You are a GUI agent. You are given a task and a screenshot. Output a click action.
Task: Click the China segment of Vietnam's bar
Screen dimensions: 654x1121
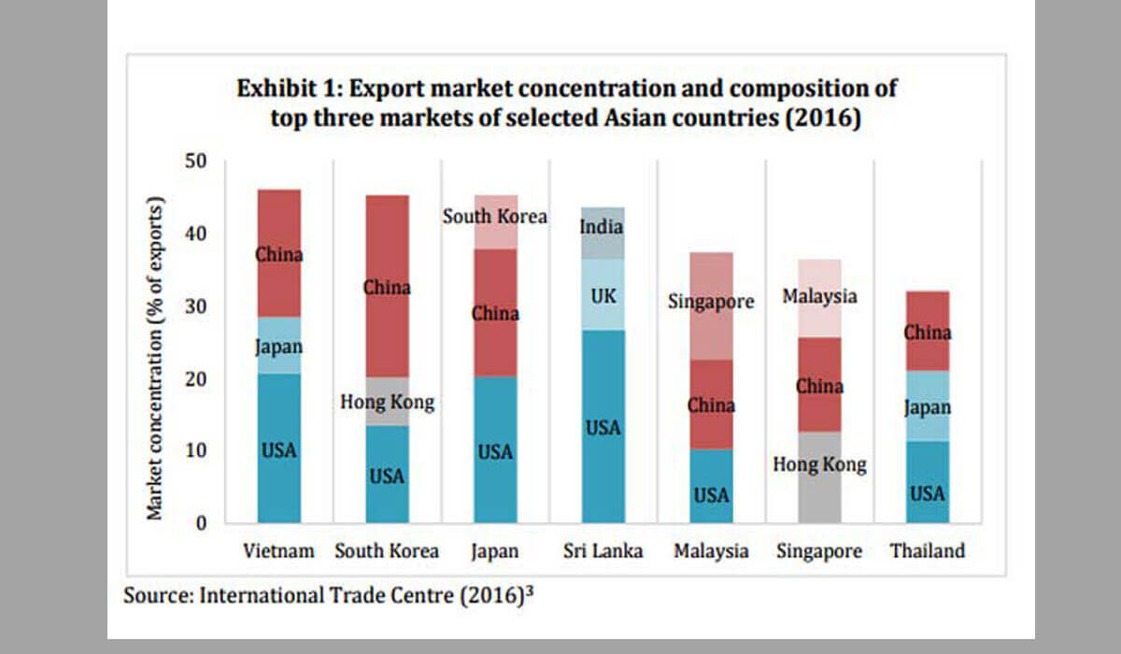point(279,253)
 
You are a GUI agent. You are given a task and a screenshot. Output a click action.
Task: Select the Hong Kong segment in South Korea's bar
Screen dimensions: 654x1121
point(387,402)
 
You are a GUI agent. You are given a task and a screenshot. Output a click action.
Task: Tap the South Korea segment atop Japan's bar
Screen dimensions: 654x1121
point(495,222)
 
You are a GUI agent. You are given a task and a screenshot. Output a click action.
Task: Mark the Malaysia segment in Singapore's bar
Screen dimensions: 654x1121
point(819,295)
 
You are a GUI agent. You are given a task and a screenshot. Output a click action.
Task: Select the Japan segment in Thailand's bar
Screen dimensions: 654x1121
point(928,406)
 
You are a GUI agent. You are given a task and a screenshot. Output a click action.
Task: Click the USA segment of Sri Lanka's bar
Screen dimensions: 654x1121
point(603,426)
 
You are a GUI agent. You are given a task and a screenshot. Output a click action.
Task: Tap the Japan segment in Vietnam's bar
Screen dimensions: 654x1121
point(279,346)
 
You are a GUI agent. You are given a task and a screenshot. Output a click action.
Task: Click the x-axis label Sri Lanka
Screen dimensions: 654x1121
point(603,551)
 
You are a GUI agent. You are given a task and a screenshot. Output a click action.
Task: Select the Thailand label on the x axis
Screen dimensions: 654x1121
point(927,551)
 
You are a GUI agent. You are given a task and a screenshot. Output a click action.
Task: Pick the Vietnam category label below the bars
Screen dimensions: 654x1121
point(277,551)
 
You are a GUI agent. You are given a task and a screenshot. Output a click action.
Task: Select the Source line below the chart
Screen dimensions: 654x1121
point(327,594)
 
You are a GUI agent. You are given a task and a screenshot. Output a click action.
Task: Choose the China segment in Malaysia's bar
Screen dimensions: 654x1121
point(711,405)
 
